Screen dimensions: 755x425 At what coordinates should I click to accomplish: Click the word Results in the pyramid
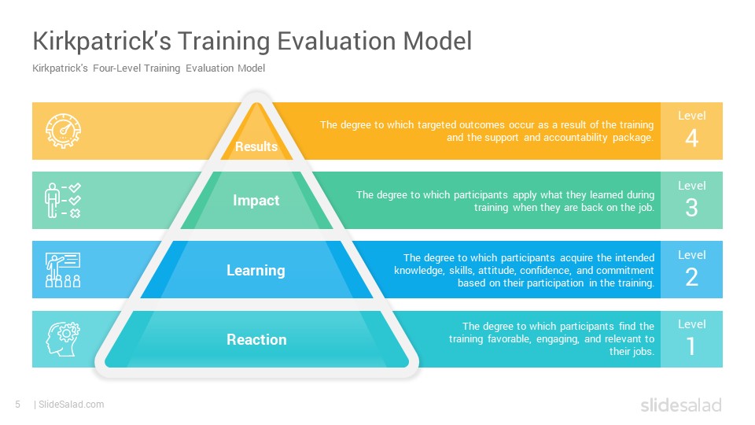[256, 146]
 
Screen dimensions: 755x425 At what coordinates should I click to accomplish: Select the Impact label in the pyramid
[256, 201]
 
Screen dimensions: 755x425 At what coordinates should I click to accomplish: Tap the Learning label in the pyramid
[256, 270]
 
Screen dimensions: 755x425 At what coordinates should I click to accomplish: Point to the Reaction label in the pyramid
[256, 339]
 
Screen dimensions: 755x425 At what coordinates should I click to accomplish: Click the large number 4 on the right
[692, 139]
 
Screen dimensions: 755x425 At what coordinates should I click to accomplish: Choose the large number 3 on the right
[692, 208]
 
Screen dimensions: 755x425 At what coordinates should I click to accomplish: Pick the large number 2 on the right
[692, 278]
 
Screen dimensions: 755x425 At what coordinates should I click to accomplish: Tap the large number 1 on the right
[691, 346]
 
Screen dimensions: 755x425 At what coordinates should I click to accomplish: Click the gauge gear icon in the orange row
[63, 131]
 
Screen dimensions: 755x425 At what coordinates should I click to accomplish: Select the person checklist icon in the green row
[63, 201]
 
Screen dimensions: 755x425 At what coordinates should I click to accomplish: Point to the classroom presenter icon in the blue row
[63, 270]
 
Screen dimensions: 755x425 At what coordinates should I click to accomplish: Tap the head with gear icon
[63, 339]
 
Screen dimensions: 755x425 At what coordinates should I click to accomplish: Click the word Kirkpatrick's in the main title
[101, 41]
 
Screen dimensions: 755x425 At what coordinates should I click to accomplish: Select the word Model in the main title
[437, 41]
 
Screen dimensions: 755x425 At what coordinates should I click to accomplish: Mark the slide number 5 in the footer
[18, 405]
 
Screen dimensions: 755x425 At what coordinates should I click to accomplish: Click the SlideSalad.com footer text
[72, 405]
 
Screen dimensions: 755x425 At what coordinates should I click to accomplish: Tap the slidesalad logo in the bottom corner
[681, 405]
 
